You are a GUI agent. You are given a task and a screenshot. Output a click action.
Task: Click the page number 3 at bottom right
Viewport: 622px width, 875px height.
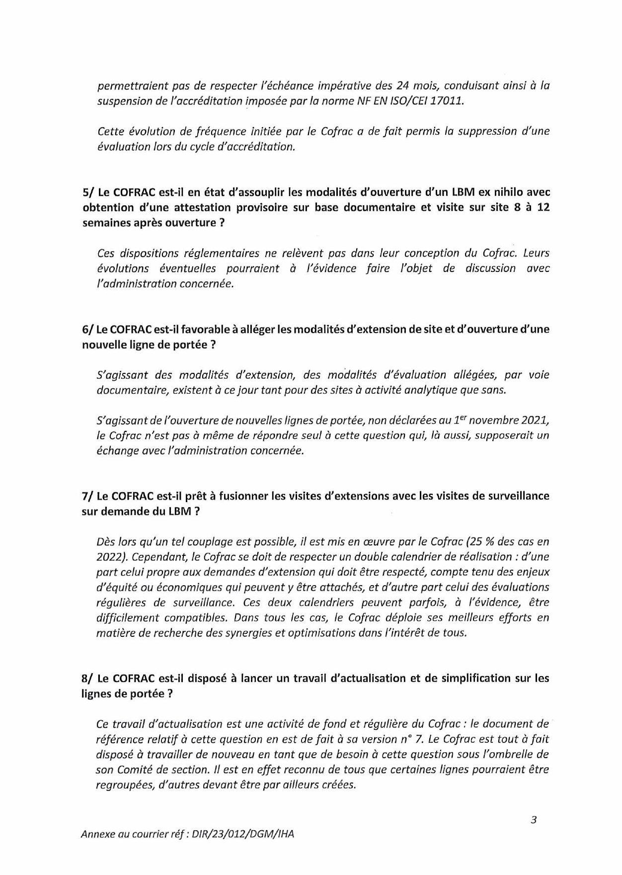pos(534,820)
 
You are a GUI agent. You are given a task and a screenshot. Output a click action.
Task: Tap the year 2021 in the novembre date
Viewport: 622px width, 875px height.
pos(534,421)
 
